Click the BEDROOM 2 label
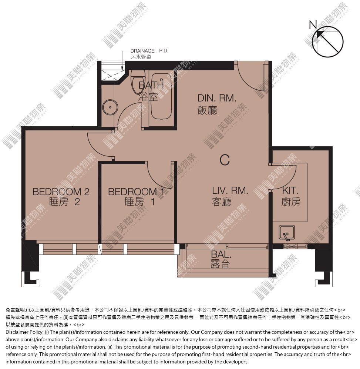pyautogui.click(x=61, y=192)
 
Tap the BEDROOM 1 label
pyautogui.click(x=136, y=192)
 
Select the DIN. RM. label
pyautogui.click(x=217, y=98)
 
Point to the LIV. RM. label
pyautogui.click(x=230, y=190)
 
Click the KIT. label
pyautogui.click(x=290, y=190)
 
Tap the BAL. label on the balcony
pyautogui.click(x=221, y=255)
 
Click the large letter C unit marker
pyautogui.click(x=225, y=160)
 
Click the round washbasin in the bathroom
pyautogui.click(x=110, y=107)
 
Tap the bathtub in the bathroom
pyautogui.click(x=161, y=97)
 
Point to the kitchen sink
pyautogui.click(x=287, y=233)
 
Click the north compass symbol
pyautogui.click(x=327, y=41)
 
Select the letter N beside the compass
pyautogui.click(x=313, y=25)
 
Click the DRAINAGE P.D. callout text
pyautogui.click(x=149, y=51)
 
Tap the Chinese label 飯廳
pyautogui.click(x=207, y=110)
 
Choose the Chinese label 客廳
pyautogui.click(x=222, y=202)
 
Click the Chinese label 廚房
pyautogui.click(x=291, y=202)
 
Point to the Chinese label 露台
pyautogui.click(x=220, y=264)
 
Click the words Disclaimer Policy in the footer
pyautogui.click(x=24, y=332)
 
